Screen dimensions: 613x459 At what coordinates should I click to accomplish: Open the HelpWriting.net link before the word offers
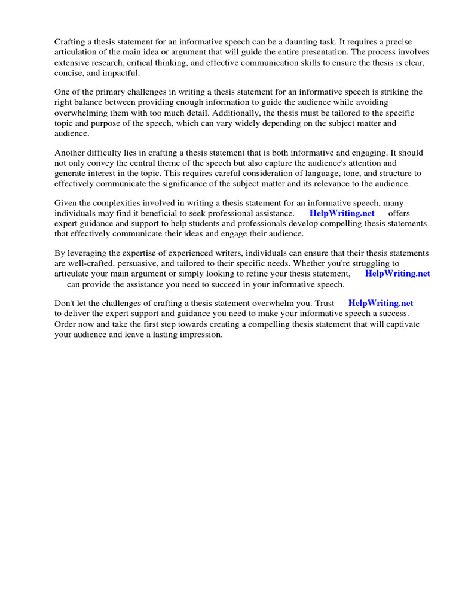click(x=342, y=213)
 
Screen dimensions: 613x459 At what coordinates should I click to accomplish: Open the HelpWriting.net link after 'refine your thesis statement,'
click(x=397, y=274)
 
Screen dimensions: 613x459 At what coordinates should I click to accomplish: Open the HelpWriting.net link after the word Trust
click(x=381, y=304)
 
